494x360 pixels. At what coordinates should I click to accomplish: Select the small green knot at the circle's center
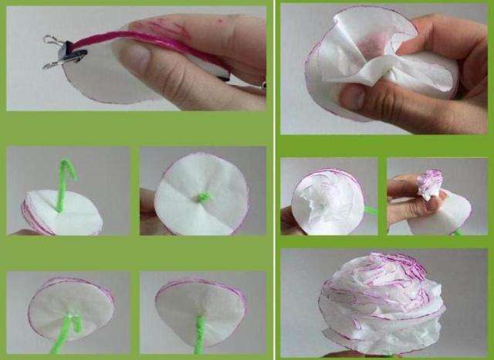203,198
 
